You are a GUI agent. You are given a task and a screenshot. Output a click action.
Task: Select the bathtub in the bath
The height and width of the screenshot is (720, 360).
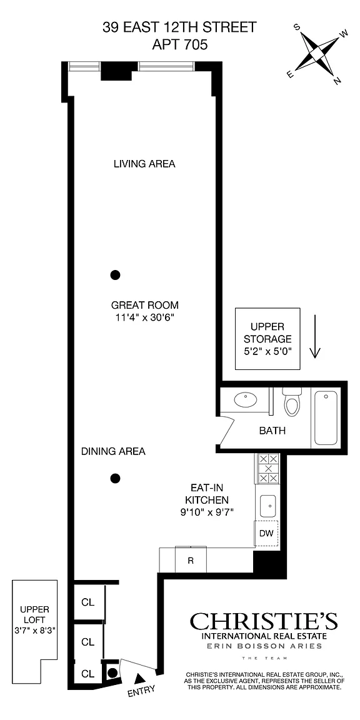tap(325, 418)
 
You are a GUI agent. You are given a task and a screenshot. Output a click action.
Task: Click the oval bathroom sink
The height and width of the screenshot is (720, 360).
tap(247, 400)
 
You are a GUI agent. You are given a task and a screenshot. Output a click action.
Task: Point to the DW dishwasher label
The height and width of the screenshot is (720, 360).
tap(267, 534)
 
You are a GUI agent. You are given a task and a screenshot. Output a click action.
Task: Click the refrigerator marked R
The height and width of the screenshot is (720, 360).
tap(191, 560)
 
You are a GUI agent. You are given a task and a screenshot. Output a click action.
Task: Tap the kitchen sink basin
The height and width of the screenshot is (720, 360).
tap(267, 507)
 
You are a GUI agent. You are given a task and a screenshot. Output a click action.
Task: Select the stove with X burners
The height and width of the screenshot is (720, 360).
tap(267, 468)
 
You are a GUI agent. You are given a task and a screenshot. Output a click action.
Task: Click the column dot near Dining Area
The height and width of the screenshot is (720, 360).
tap(115, 479)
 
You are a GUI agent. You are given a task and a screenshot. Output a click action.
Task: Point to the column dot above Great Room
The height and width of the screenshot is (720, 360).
tap(115, 275)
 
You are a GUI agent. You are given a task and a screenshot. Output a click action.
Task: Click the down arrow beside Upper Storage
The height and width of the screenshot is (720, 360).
tap(315, 336)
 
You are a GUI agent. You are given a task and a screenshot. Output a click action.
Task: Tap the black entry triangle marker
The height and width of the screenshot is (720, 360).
tap(139, 677)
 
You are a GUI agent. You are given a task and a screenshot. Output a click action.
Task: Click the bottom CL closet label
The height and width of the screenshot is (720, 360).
tap(87, 674)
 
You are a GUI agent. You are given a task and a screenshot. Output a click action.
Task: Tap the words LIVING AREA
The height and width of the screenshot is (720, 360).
tap(144, 164)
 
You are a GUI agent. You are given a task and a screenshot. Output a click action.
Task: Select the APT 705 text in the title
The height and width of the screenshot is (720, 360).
tap(179, 45)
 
